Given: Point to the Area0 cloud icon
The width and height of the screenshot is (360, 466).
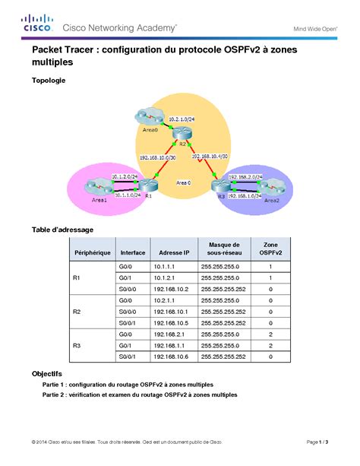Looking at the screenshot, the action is coord(144,118).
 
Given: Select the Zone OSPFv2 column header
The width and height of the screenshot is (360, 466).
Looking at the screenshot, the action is coord(270,248).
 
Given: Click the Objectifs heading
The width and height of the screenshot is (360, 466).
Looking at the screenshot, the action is coord(47,374).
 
